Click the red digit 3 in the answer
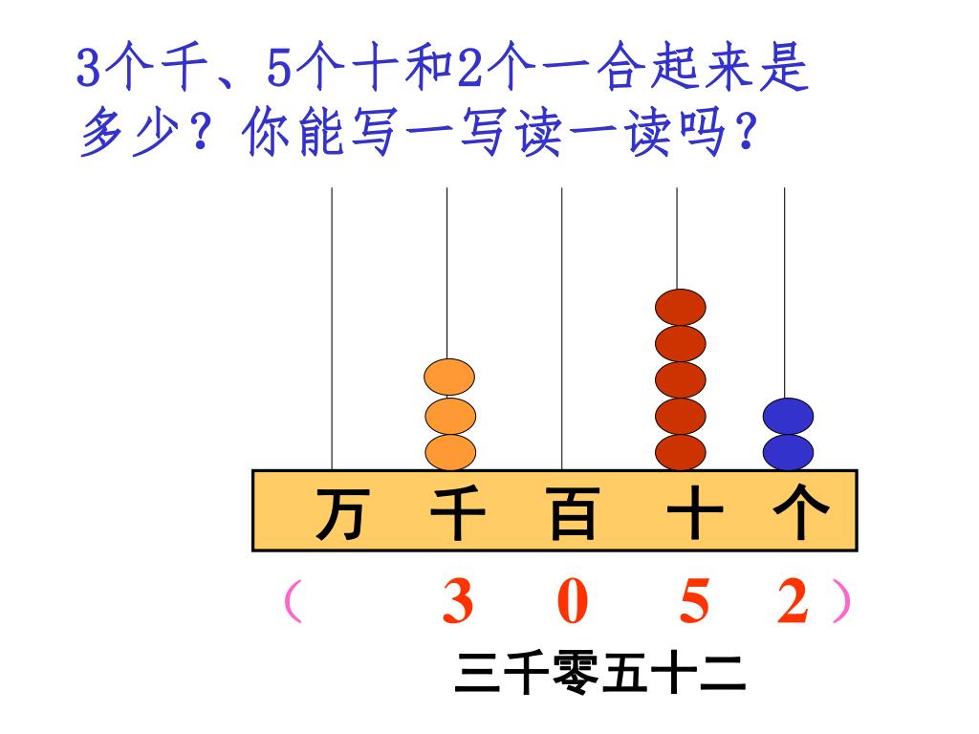click(458, 605)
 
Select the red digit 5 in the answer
click(695, 605)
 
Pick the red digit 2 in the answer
click(793, 605)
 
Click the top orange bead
click(449, 378)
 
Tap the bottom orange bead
click(449, 452)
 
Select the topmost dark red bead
click(681, 307)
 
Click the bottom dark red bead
click(681, 452)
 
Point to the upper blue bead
click(789, 416)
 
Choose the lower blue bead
click(789, 452)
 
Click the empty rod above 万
click(332, 325)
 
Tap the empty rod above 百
click(561, 325)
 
